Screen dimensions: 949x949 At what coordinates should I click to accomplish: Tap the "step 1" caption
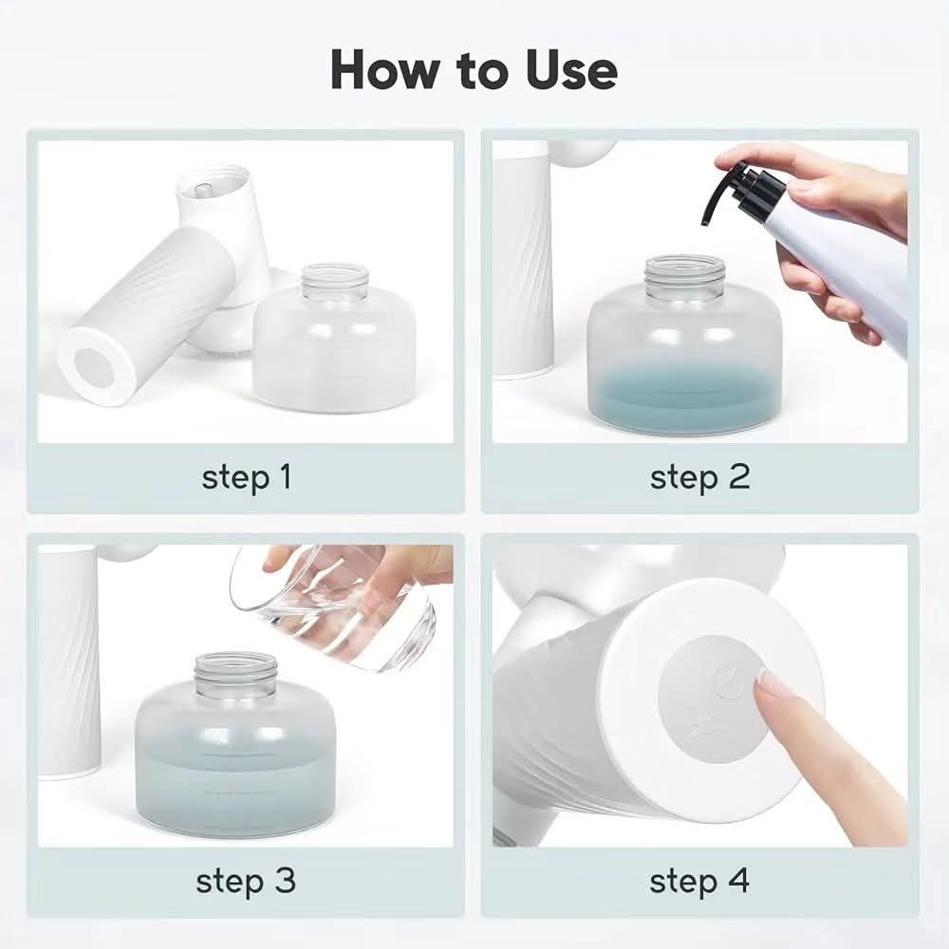247,476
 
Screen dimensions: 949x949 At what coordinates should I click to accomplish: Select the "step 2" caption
699,476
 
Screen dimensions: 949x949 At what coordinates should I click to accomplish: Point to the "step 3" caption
246,881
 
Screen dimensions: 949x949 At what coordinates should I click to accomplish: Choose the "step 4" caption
699,881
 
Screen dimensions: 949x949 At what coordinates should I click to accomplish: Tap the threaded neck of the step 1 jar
335,282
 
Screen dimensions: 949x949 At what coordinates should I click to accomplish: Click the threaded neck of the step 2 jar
684,277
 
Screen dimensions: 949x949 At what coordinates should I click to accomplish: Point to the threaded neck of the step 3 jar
236,675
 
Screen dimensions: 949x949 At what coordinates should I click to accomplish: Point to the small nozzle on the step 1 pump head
203,190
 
